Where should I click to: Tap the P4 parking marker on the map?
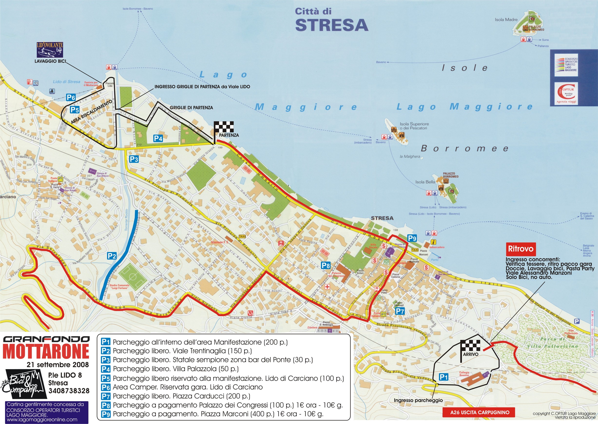point(158,138)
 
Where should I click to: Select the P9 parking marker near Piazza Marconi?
point(412,238)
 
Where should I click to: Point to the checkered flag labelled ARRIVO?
point(470,346)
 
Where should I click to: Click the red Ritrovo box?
point(521,248)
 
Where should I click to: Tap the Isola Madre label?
point(506,20)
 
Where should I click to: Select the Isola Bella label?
point(425,182)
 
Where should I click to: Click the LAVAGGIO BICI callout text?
point(50,61)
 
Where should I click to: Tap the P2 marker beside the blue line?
point(112,256)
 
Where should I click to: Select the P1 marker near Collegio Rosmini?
point(444,377)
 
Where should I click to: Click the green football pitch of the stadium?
point(133,276)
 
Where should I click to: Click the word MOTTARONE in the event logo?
point(46,351)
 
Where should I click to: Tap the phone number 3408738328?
point(69,391)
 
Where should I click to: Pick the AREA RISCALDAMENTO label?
point(91,112)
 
